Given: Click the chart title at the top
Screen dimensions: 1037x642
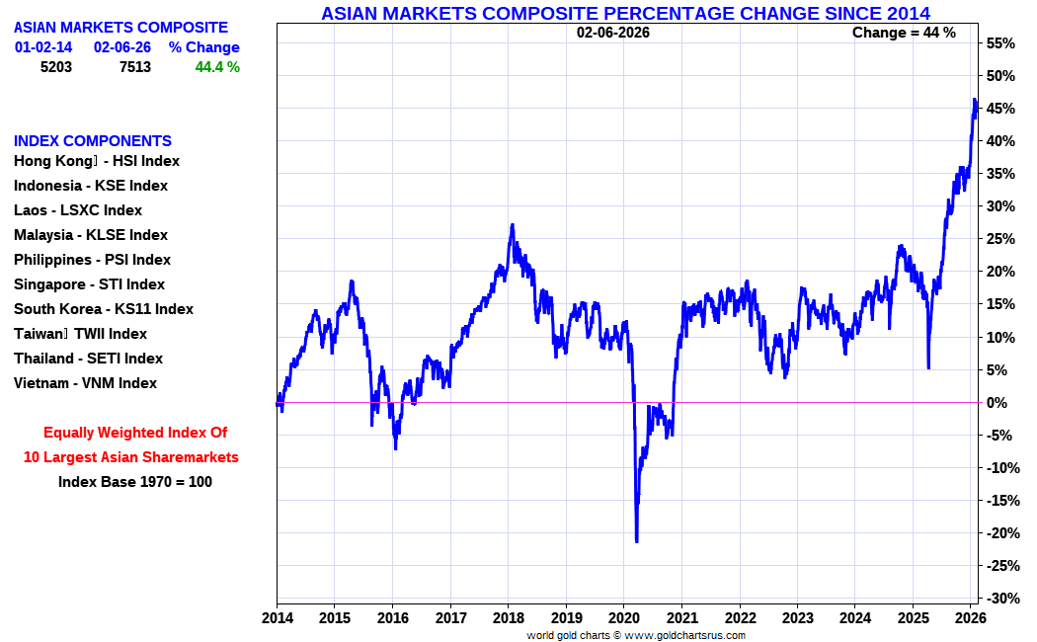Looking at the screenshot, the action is point(625,13).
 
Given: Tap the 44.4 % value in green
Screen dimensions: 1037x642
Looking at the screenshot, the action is point(217,67).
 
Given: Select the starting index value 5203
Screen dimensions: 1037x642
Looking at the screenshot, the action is point(56,67).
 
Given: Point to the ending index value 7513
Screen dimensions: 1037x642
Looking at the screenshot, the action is point(135,67).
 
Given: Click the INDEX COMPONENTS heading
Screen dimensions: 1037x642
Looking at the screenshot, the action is point(93,141).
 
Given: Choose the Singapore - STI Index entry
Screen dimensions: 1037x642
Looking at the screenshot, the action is point(89,284).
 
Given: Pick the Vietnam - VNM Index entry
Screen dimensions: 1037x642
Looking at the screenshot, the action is point(85,383).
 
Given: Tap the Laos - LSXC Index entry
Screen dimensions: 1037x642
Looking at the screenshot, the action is point(78,210).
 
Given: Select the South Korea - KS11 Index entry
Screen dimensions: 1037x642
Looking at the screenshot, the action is point(104,309).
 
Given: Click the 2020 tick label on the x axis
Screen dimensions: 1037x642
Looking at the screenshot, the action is point(623,618).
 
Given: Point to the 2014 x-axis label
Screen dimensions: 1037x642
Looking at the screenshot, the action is point(277,618).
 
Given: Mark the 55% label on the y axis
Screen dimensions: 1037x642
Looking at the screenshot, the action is point(999,43).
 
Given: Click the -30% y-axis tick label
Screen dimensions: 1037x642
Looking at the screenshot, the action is point(1002,598).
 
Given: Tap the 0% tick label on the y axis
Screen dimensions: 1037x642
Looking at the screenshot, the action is point(997,403).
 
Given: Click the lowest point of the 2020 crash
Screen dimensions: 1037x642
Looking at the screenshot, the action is point(637,541).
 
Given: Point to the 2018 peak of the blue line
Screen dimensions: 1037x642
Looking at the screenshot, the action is point(512,225).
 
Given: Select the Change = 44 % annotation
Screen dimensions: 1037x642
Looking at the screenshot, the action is point(904,33).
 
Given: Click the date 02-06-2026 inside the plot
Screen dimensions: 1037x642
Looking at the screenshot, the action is point(613,33).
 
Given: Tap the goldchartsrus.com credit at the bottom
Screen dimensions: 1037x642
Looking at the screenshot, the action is point(636,635).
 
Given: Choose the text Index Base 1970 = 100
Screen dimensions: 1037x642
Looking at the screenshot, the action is point(135,482).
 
